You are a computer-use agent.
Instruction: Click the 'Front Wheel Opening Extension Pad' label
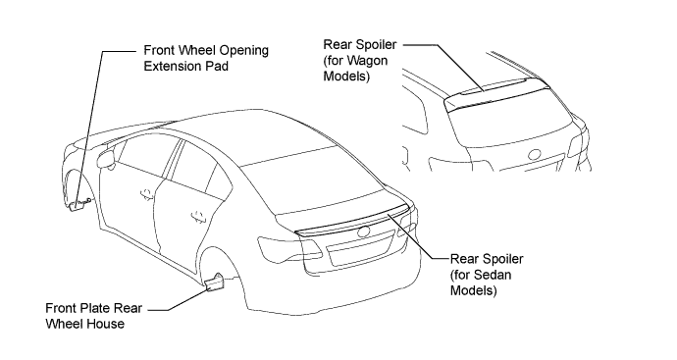point(206,58)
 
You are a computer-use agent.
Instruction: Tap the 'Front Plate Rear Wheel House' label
point(93,316)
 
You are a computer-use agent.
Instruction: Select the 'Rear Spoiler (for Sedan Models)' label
point(487,275)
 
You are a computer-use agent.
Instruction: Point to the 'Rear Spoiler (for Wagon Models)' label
point(360,61)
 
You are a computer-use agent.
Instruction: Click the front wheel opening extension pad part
point(78,206)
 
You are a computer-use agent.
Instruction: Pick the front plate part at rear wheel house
point(215,282)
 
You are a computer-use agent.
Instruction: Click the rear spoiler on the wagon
point(496,93)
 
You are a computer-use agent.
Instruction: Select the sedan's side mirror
point(106,159)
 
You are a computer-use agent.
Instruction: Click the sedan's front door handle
point(147,193)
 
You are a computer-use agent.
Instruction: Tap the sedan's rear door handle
point(198,216)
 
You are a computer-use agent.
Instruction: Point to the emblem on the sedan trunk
point(364,231)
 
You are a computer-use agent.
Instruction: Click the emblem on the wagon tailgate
point(535,155)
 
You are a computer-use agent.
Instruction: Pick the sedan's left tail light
point(289,249)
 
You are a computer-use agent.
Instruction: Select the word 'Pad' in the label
point(216,66)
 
